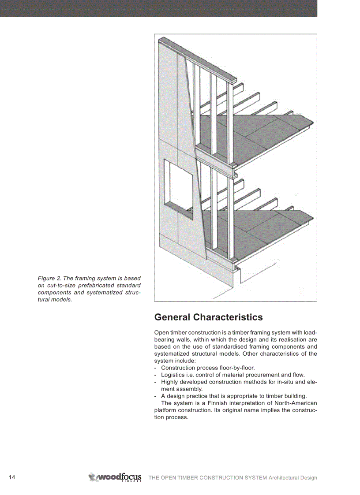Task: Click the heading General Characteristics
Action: pos(208,317)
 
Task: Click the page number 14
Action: pos(12,478)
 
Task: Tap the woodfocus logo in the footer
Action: pos(115,477)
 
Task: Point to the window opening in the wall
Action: pos(178,187)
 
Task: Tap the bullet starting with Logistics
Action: pos(232,375)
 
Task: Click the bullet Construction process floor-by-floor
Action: pos(208,368)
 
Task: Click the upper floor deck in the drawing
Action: pos(256,137)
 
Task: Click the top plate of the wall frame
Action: pos(199,60)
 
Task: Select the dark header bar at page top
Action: pos(158,8)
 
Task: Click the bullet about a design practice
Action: pos(233,396)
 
